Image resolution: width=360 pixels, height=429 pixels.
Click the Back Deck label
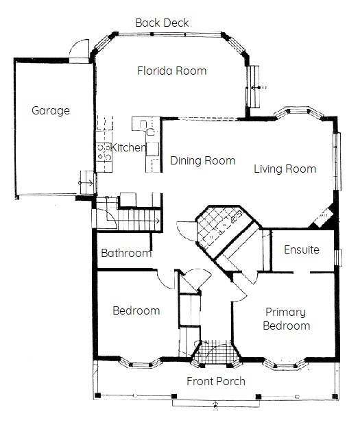click(x=162, y=23)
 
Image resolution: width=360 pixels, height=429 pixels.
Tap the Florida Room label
click(x=171, y=71)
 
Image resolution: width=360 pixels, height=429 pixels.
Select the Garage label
click(x=51, y=111)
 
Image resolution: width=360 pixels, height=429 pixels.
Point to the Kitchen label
click(x=128, y=147)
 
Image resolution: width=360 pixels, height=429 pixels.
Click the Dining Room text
click(x=203, y=160)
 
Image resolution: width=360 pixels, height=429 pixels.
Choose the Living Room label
click(x=285, y=169)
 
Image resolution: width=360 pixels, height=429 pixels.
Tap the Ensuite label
click(x=302, y=249)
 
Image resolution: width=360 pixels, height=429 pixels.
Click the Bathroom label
click(x=126, y=253)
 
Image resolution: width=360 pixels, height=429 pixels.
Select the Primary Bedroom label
click(x=286, y=319)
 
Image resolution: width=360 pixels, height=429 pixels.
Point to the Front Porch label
click(x=216, y=381)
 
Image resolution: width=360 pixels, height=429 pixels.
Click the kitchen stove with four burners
click(x=104, y=152)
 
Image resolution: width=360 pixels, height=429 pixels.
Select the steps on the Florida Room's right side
click(x=253, y=87)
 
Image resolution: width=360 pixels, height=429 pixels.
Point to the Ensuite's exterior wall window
click(x=339, y=258)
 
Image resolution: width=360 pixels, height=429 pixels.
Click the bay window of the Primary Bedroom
click(x=285, y=365)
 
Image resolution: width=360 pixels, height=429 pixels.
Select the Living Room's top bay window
click(x=299, y=112)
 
